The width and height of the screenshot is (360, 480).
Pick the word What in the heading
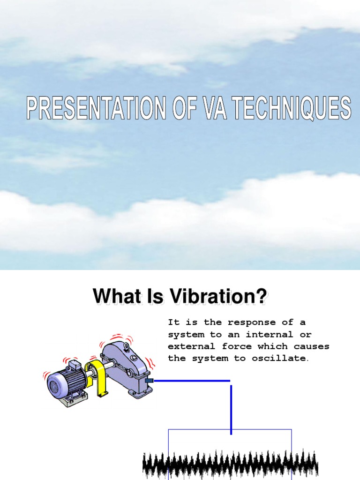[113, 296]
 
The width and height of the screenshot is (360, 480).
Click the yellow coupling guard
[100, 380]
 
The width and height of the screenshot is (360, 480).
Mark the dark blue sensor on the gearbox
[150, 381]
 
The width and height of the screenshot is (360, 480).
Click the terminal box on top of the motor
[74, 366]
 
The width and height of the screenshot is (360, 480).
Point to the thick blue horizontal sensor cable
[192, 381]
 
